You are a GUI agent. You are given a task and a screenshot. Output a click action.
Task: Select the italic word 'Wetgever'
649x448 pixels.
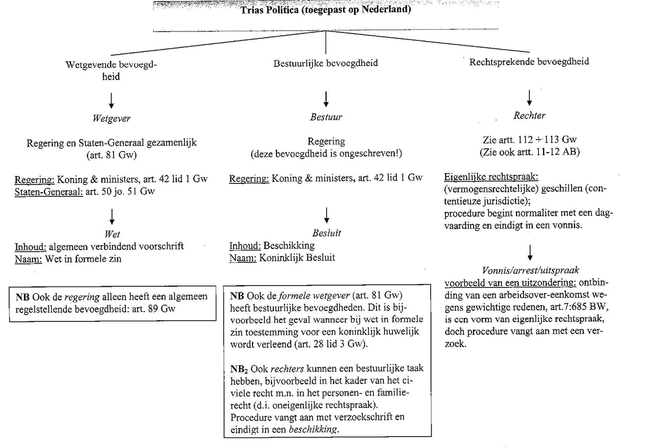(x=111, y=118)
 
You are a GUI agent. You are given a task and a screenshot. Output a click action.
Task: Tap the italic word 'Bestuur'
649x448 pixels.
(x=326, y=117)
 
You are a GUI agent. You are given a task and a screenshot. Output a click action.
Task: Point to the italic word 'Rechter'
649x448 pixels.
(x=529, y=115)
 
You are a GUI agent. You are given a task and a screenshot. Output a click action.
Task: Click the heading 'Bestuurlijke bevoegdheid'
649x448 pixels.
(x=326, y=63)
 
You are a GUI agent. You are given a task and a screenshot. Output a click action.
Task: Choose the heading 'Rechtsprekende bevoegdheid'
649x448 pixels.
(x=528, y=62)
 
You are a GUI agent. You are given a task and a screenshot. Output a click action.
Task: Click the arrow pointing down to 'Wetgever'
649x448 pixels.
(x=111, y=100)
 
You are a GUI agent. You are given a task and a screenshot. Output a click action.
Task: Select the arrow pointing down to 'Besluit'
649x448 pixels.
(x=326, y=216)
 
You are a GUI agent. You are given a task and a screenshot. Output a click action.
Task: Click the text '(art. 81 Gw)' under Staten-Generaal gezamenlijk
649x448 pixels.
(x=111, y=155)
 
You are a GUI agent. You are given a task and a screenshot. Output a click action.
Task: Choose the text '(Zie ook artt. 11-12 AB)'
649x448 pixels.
(x=529, y=152)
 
